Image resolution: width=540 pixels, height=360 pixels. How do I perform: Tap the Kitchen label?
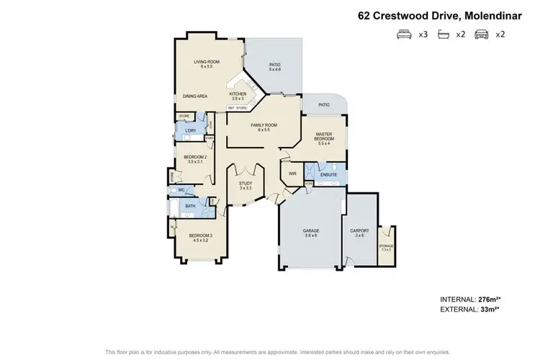coord(238,94)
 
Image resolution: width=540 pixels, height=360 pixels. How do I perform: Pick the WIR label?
coord(293,174)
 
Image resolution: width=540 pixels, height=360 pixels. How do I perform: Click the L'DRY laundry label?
coord(192,130)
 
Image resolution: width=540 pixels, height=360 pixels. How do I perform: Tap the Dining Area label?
coord(195,96)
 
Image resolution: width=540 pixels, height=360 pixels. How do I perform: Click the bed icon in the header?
coord(403,35)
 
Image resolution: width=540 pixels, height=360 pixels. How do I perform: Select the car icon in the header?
coord(482,35)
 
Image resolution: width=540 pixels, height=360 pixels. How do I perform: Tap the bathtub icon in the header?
coord(443,35)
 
